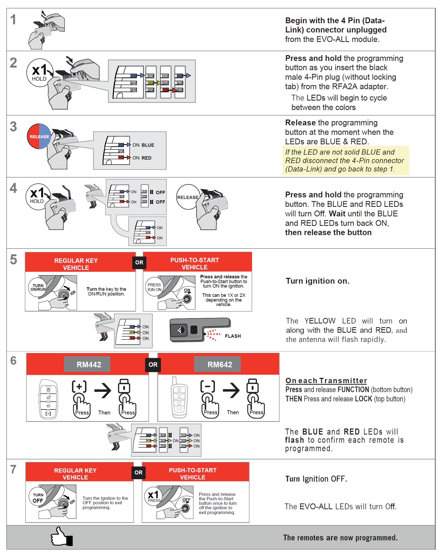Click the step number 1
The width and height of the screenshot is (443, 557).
pyautogui.click(x=13, y=20)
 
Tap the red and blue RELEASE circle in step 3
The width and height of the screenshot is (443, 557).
pyautogui.click(x=39, y=136)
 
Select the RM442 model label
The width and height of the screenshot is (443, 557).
pyautogui.click(x=89, y=364)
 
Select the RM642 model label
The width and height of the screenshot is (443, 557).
pyautogui.click(x=220, y=364)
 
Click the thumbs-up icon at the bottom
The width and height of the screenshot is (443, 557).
pyautogui.click(x=62, y=536)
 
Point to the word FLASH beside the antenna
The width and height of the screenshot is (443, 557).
pyautogui.click(x=233, y=336)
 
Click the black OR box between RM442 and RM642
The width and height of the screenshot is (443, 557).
pyautogui.click(x=153, y=364)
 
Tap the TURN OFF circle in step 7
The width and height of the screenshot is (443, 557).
pyautogui.click(x=38, y=498)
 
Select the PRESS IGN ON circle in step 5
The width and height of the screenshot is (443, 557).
pyautogui.click(x=154, y=287)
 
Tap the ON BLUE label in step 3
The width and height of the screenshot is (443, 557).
pyautogui.click(x=143, y=145)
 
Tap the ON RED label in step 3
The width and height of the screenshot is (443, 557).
pyautogui.click(x=142, y=158)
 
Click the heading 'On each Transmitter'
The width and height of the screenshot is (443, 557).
pyautogui.click(x=326, y=380)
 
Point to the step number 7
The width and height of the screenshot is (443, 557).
pyautogui.click(x=13, y=469)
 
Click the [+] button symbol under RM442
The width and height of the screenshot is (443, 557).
pyautogui.click(x=79, y=387)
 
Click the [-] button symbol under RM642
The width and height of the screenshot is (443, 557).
pyautogui.click(x=208, y=387)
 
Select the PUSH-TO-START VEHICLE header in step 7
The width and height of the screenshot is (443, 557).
pyautogui.click(x=193, y=474)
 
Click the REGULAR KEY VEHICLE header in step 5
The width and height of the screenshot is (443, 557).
pyautogui.click(x=76, y=264)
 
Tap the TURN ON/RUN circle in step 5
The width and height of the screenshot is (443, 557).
pyautogui.click(x=38, y=287)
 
